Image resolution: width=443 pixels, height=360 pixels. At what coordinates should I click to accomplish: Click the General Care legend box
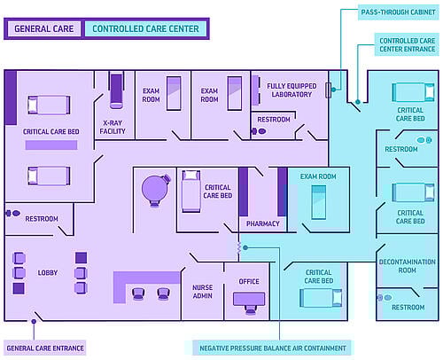point(44,28)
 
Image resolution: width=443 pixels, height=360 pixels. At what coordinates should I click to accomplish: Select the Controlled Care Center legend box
point(145,28)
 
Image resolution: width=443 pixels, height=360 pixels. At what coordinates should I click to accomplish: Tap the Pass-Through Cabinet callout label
point(398,12)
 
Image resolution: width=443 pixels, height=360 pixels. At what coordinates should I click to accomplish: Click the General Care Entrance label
point(45,348)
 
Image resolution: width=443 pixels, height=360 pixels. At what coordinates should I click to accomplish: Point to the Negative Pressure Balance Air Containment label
point(273,348)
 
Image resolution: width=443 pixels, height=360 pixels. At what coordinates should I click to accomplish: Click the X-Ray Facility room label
point(113,127)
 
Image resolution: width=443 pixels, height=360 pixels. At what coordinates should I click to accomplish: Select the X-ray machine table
point(116,90)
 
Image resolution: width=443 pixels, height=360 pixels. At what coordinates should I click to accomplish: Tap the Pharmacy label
point(263,223)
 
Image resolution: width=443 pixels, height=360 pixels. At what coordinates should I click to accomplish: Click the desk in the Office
point(249,299)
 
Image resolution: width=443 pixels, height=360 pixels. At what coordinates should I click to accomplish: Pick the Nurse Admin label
point(203,292)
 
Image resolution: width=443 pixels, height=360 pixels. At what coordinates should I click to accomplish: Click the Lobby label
point(48,272)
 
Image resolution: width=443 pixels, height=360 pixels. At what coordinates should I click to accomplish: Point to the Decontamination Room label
point(408,266)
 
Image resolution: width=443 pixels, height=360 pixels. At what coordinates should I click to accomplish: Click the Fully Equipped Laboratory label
point(291,90)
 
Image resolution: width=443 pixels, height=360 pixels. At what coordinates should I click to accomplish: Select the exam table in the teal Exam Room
point(319,202)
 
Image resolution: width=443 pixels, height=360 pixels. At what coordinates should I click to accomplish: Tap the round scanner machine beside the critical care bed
point(155,190)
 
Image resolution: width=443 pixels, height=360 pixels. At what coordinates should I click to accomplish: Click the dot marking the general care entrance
point(34,321)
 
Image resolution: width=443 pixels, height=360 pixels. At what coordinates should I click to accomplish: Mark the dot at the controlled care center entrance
point(358,102)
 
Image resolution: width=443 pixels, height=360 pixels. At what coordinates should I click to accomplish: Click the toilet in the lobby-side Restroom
point(16,213)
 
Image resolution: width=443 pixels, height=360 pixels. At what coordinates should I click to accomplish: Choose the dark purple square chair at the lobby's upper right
point(81,258)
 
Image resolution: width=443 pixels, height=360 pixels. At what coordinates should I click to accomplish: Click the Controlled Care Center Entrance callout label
point(408,44)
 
